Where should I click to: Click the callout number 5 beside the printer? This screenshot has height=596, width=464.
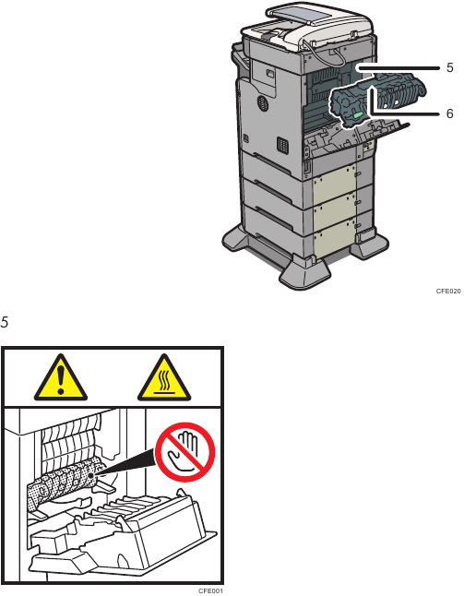pyautogui.click(x=450, y=67)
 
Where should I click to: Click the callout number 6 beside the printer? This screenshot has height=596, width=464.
pyautogui.click(x=450, y=113)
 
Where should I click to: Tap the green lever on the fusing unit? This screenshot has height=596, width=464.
pyautogui.click(x=358, y=114)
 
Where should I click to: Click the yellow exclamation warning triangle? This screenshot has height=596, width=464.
pyautogui.click(x=61, y=377)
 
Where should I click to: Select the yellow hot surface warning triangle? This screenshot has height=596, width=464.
pyautogui.click(x=164, y=377)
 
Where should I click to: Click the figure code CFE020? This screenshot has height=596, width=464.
pyautogui.click(x=448, y=292)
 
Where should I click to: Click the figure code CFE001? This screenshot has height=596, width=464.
pyautogui.click(x=211, y=591)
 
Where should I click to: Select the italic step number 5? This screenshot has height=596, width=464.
pyautogui.click(x=5, y=322)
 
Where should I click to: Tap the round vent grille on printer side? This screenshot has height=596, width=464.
pyautogui.click(x=261, y=103)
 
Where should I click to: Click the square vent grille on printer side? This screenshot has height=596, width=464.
pyautogui.click(x=282, y=145)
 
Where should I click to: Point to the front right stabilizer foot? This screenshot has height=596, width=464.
pyautogui.click(x=304, y=273)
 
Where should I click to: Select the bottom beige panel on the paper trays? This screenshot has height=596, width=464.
pyautogui.click(x=334, y=237)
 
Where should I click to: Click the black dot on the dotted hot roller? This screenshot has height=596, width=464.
pyautogui.click(x=90, y=475)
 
